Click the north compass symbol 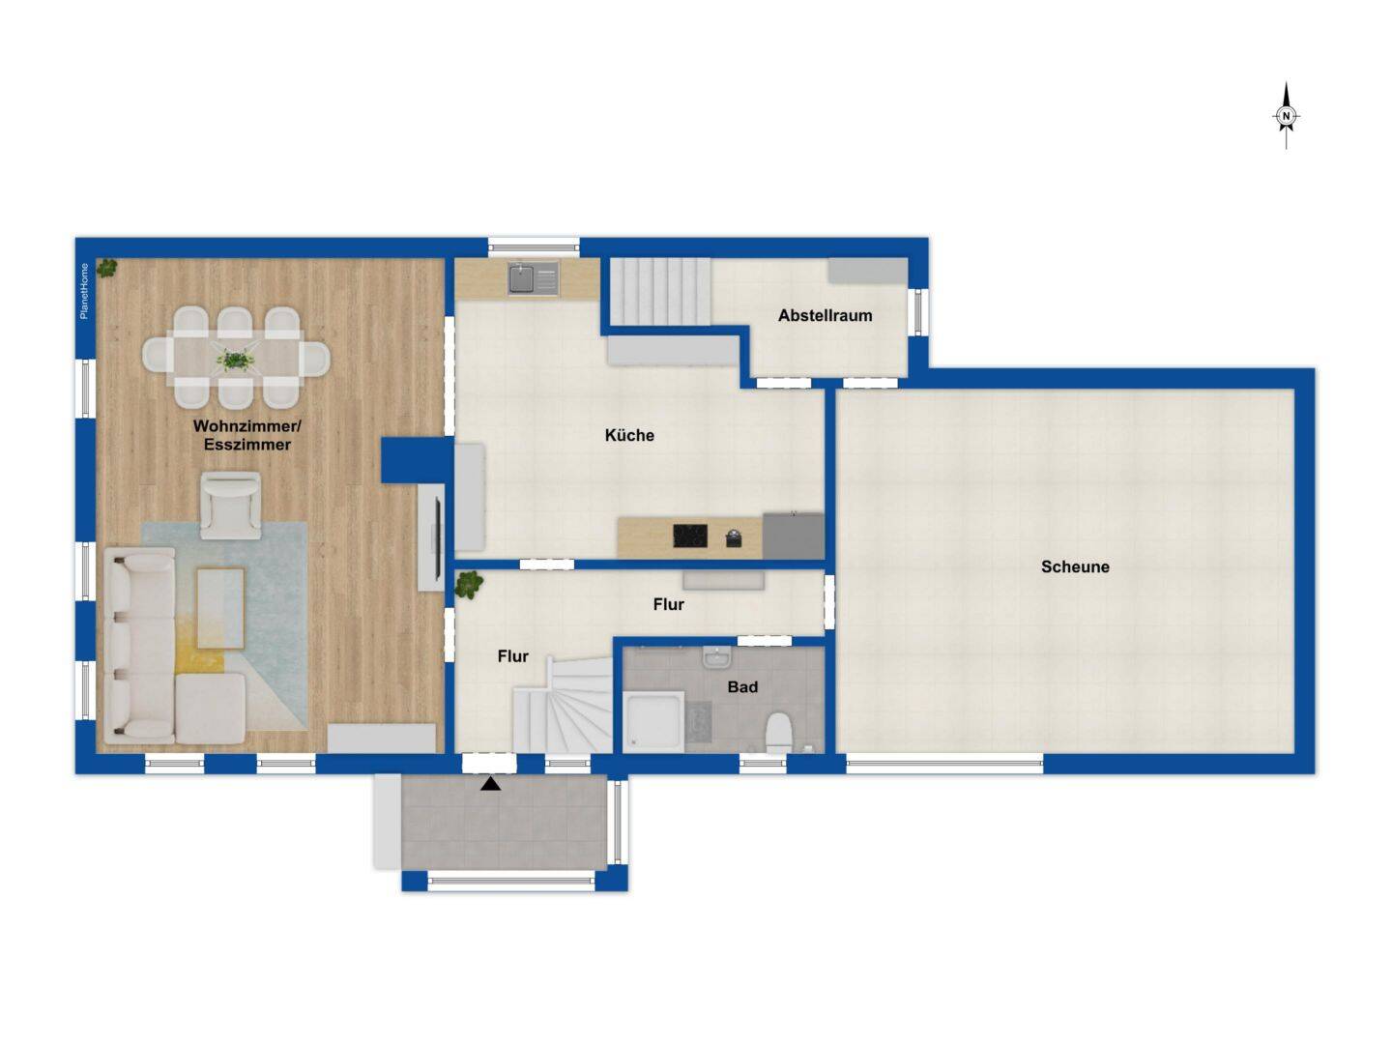click(1286, 116)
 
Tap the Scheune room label click(1075, 566)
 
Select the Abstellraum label click(825, 315)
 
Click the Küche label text click(629, 435)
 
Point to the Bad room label click(742, 687)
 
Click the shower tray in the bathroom click(653, 721)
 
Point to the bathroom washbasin click(716, 657)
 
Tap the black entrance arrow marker click(491, 784)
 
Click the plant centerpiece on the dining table click(233, 360)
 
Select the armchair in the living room click(230, 505)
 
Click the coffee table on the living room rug click(220, 608)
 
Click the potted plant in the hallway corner click(470, 584)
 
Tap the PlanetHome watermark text click(84, 290)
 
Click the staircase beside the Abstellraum click(658, 292)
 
